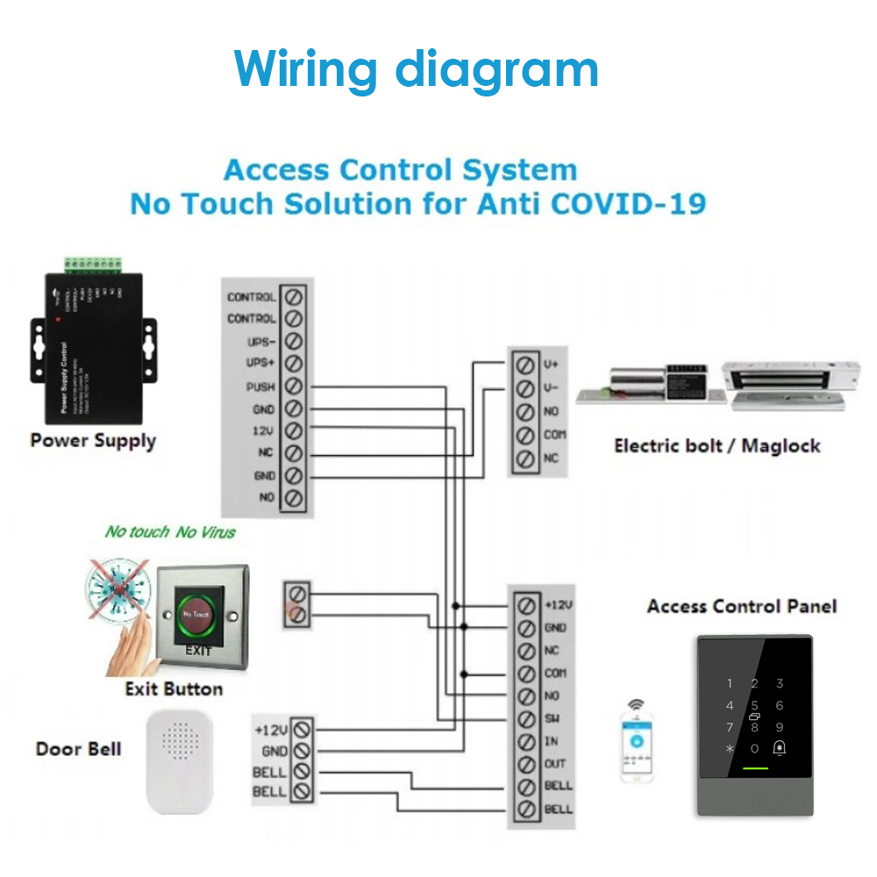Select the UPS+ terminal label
pos(260,364)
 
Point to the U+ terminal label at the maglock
pos(552,363)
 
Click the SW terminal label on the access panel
pos(553,718)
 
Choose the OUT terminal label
pos(555,764)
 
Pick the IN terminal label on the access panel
pos(551,741)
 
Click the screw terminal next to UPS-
pos(295,341)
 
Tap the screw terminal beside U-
pos(526,387)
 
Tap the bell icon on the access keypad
pos(779,748)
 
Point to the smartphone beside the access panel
pos(638,741)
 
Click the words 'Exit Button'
pos(174,689)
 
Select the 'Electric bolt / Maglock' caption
pos(717,446)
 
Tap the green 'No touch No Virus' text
pos(170,531)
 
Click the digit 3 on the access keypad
pos(779,684)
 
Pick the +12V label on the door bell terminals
pos(270,729)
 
